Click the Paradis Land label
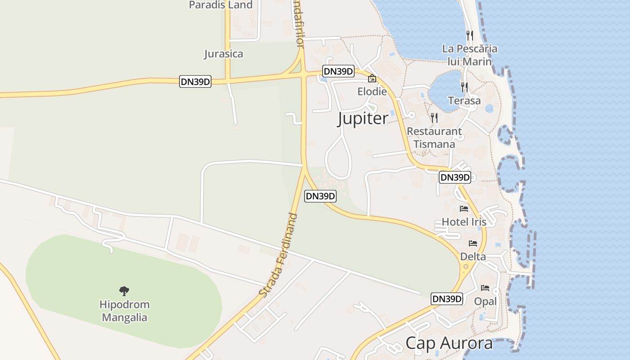pyautogui.click(x=220, y=5)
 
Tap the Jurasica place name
pyautogui.click(x=223, y=54)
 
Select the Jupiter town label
pyautogui.click(x=363, y=119)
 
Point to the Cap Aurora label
pyautogui.click(x=449, y=343)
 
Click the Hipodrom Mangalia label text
pyautogui.click(x=125, y=311)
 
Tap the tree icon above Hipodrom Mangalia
pyautogui.click(x=124, y=291)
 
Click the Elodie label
pyautogui.click(x=372, y=91)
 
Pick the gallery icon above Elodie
pyautogui.click(x=372, y=79)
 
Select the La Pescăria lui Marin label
pyautogui.click(x=470, y=55)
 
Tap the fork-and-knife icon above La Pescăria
pyautogui.click(x=469, y=35)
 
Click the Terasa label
pyautogui.click(x=464, y=101)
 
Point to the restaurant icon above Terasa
pyautogui.click(x=464, y=87)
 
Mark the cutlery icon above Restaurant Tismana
pyautogui.click(x=434, y=118)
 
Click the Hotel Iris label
pyautogui.click(x=464, y=222)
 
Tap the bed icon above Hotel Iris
pyautogui.click(x=464, y=209)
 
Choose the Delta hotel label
pyautogui.click(x=473, y=256)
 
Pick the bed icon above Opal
pyautogui.click(x=485, y=288)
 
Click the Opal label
pyautogui.click(x=485, y=301)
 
